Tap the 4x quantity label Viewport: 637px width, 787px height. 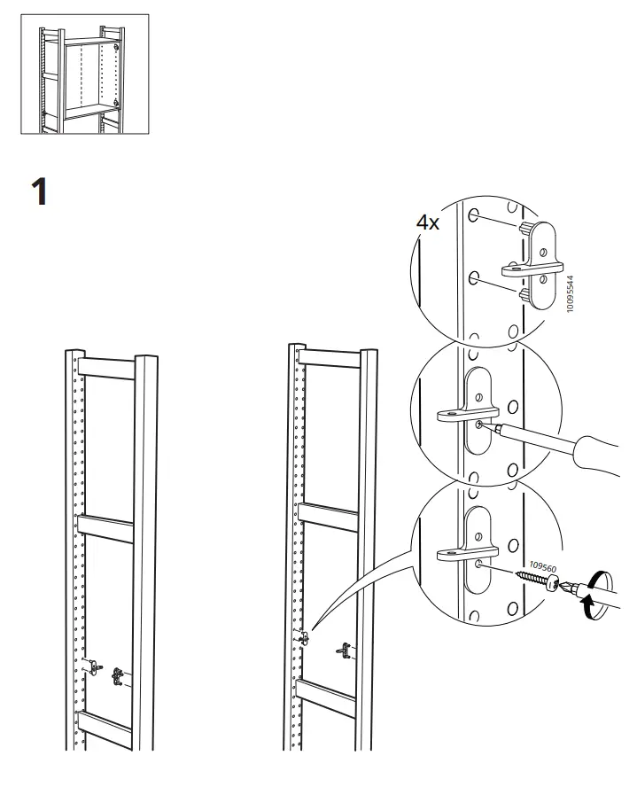[x=428, y=222]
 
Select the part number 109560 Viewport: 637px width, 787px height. [x=541, y=563]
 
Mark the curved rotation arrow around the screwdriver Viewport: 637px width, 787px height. [x=595, y=596]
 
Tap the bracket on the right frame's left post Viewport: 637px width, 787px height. [x=305, y=636]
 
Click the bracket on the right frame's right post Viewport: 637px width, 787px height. [x=344, y=651]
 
